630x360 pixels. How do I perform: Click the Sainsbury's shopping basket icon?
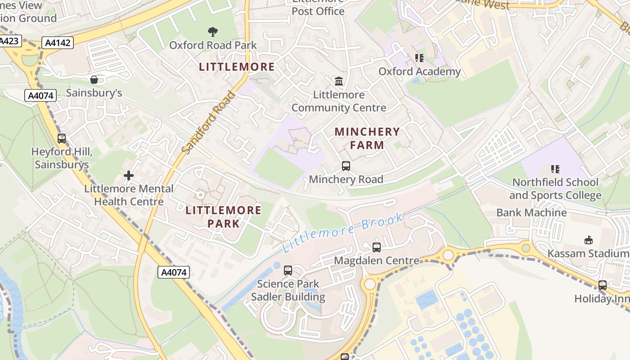pyautogui.click(x=94, y=80)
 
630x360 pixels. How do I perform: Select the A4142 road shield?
pyautogui.click(x=58, y=43)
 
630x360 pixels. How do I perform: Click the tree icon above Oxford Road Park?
pyautogui.click(x=213, y=31)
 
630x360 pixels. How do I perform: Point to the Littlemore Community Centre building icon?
pyautogui.click(x=339, y=81)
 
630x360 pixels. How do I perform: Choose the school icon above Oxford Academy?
pyautogui.click(x=419, y=58)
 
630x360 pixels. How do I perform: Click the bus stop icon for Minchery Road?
pyautogui.click(x=346, y=166)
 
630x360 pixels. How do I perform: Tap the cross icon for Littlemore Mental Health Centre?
pyautogui.click(x=129, y=175)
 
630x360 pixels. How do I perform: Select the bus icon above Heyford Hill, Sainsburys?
pyautogui.click(x=62, y=138)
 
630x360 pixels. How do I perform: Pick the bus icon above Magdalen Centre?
pyautogui.click(x=377, y=247)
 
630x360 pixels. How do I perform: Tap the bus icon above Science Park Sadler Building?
pyautogui.click(x=288, y=270)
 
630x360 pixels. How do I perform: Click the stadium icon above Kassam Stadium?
pyautogui.click(x=588, y=239)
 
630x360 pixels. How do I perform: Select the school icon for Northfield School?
pyautogui.click(x=555, y=169)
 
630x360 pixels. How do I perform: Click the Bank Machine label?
pyautogui.click(x=531, y=212)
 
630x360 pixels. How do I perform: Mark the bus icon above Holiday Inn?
pyautogui.click(x=603, y=285)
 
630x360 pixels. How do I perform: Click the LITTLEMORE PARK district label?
pyautogui.click(x=223, y=216)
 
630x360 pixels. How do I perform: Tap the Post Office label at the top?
pyautogui.click(x=318, y=11)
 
